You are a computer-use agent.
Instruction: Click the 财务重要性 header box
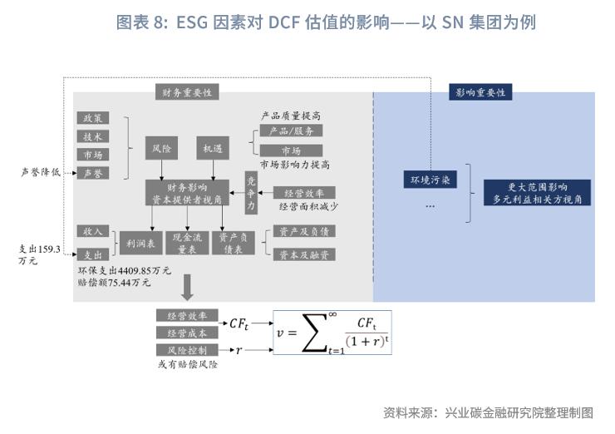187,92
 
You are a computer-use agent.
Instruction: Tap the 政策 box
92,119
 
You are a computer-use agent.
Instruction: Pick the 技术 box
92,136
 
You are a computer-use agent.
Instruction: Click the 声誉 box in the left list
92,173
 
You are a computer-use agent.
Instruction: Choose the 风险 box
161,149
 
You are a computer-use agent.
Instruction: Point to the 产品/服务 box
290,131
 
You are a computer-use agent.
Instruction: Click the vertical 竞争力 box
252,191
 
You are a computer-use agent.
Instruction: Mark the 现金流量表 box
186,242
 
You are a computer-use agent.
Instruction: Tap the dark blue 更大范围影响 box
537,193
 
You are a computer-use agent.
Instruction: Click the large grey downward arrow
187,288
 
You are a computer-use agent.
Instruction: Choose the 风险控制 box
187,350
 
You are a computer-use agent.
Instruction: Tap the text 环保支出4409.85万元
124,271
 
